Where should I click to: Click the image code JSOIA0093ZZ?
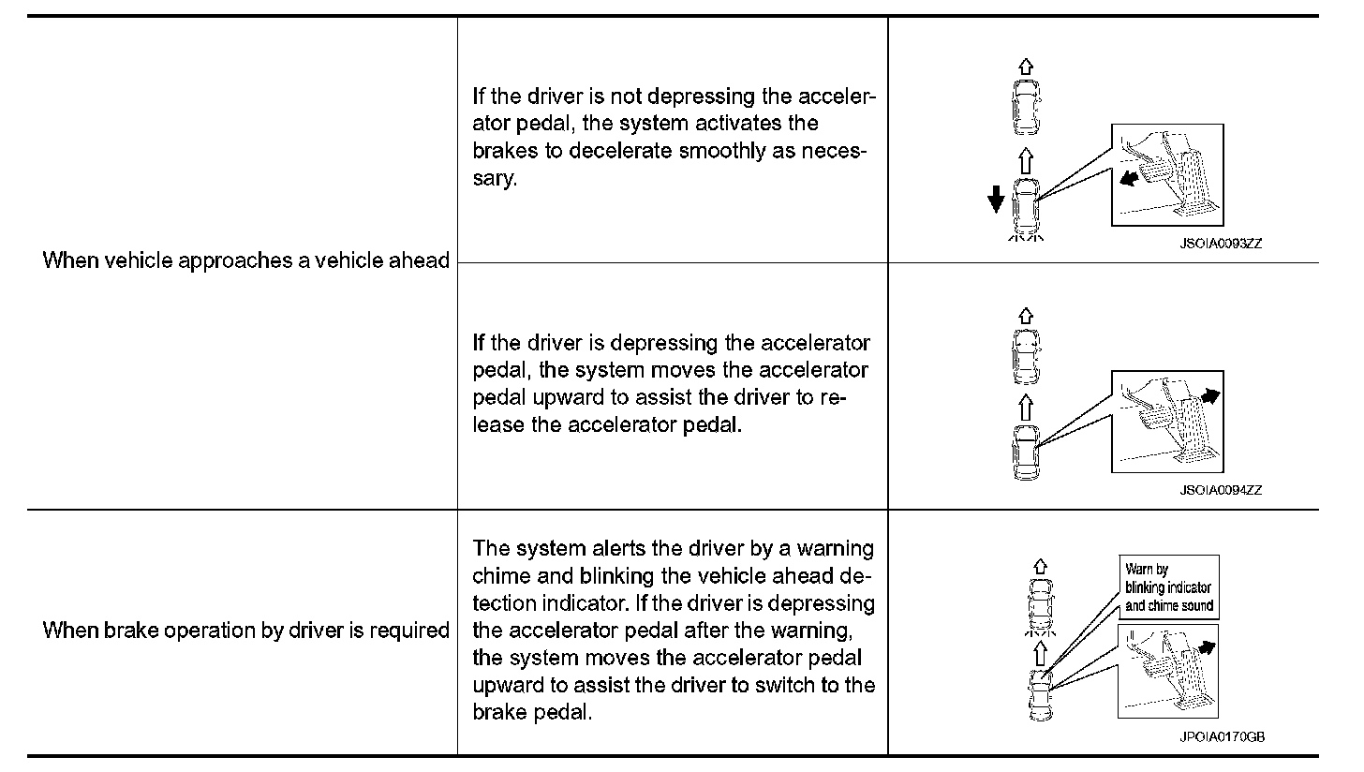tap(1221, 242)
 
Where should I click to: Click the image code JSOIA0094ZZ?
tap(1221, 489)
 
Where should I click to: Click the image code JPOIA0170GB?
tap(1222, 736)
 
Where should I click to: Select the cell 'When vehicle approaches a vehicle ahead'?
tap(246, 260)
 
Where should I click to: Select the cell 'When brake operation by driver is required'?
tap(246, 631)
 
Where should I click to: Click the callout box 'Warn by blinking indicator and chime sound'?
tap(1168, 587)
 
